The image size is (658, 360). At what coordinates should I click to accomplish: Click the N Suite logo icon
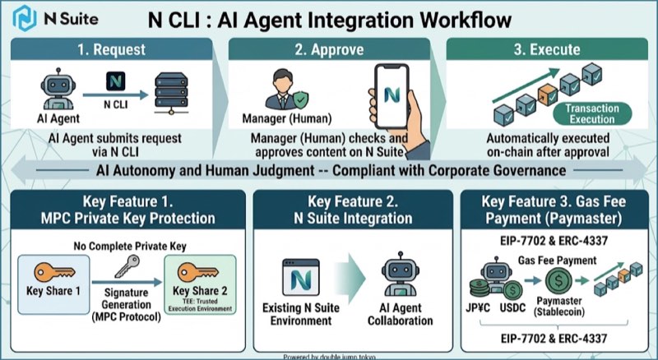pyautogui.click(x=25, y=18)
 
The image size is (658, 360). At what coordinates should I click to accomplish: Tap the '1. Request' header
pyautogui.click(x=111, y=49)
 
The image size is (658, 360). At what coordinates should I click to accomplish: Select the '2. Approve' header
pyautogui.click(x=329, y=49)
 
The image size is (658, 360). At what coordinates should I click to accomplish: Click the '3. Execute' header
pyautogui.click(x=547, y=49)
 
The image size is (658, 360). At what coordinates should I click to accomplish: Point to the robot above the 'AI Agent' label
pyautogui.click(x=58, y=90)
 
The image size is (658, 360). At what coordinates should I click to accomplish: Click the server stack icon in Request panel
pyautogui.click(x=171, y=93)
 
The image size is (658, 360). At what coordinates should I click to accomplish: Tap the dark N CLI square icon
pyautogui.click(x=115, y=81)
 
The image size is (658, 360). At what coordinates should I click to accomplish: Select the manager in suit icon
pyautogui.click(x=282, y=90)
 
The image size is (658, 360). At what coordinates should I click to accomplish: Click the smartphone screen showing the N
pyautogui.click(x=392, y=96)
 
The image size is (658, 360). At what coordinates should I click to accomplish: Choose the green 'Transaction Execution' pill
pyautogui.click(x=592, y=113)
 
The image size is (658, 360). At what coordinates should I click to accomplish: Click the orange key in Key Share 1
pyautogui.click(x=54, y=272)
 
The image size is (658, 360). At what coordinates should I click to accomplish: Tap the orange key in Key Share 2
pyautogui.click(x=198, y=272)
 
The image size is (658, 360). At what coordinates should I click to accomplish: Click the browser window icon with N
pyautogui.click(x=301, y=277)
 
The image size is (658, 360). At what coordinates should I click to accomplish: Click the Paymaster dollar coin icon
pyautogui.click(x=558, y=281)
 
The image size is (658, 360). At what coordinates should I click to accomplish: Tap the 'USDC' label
pyautogui.click(x=512, y=308)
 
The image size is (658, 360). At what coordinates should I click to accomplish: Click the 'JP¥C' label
pyautogui.click(x=478, y=308)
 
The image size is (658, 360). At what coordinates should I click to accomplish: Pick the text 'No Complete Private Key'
pyautogui.click(x=130, y=247)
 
